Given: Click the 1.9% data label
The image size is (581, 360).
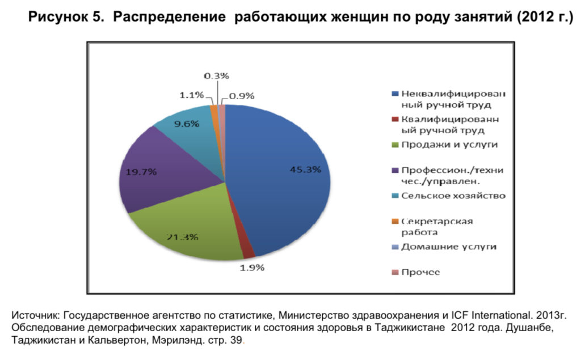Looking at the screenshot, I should click(251, 268).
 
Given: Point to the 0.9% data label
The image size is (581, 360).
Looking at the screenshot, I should click(241, 96).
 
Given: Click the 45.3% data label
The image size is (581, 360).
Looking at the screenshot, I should click(306, 169).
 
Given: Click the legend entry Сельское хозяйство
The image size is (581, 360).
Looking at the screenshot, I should click(453, 196).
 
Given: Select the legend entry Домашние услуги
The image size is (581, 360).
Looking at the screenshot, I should click(448, 247).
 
